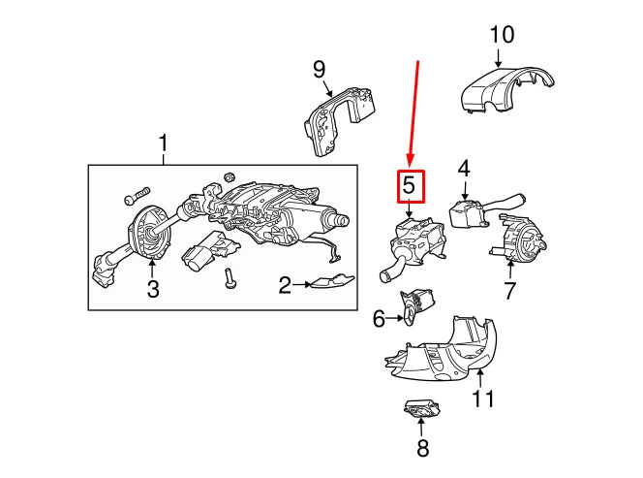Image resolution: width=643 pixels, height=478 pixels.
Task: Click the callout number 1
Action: pyautogui.click(x=163, y=146)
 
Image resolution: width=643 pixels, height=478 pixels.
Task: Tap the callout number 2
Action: pyautogui.click(x=285, y=285)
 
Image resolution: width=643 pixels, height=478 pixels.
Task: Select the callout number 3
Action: pyautogui.click(x=151, y=288)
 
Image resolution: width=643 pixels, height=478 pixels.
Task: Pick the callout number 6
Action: pyautogui.click(x=379, y=317)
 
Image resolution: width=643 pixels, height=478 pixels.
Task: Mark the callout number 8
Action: pyautogui.click(x=421, y=449)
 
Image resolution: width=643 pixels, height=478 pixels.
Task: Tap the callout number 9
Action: pyautogui.click(x=320, y=69)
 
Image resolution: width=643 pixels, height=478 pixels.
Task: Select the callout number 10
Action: pyautogui.click(x=502, y=36)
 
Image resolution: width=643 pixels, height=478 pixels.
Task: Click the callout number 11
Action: pyautogui.click(x=482, y=398)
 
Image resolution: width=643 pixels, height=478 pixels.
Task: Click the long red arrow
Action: pyautogui.click(x=413, y=112)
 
